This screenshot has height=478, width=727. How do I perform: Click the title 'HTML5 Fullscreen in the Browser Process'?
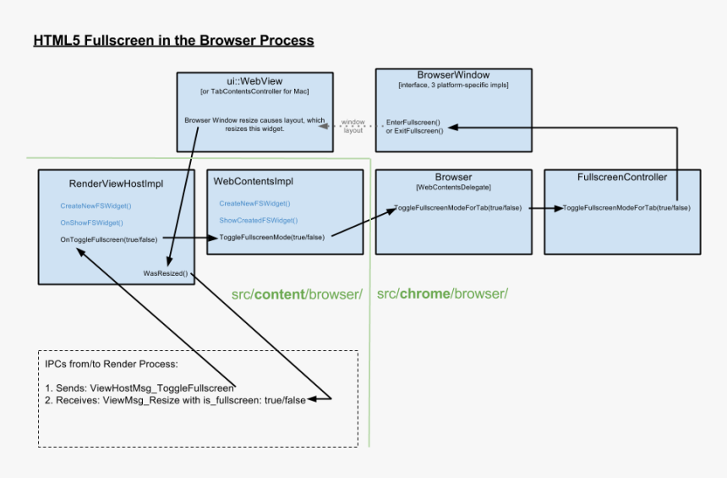tap(173, 41)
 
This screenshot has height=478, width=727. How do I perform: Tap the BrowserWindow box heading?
tap(453, 75)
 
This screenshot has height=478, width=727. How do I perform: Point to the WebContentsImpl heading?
tap(253, 182)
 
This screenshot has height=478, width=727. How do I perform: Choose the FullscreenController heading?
tap(621, 178)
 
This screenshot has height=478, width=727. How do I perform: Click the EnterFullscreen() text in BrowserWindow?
tap(413, 122)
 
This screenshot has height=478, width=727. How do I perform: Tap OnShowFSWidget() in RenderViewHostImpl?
tap(91, 223)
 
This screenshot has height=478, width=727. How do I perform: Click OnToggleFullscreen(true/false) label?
tap(108, 239)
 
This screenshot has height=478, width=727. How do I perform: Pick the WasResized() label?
tap(166, 274)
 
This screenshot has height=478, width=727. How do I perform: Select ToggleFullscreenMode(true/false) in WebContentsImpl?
tap(271, 237)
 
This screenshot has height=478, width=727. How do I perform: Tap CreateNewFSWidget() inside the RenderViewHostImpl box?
tap(96, 206)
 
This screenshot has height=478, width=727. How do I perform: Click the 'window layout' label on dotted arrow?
tap(353, 127)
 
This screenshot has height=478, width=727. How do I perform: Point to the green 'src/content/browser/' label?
tap(297, 294)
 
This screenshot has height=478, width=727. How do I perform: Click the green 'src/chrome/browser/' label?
tap(442, 294)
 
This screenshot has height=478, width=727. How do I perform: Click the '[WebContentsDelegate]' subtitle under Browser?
tap(453, 186)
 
